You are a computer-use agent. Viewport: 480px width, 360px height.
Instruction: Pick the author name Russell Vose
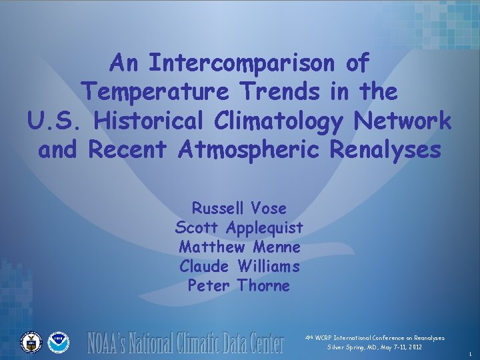pyautogui.click(x=239, y=208)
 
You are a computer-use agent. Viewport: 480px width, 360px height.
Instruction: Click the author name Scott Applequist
pyautogui.click(x=239, y=227)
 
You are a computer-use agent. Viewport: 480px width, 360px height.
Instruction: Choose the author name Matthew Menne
pyautogui.click(x=239, y=247)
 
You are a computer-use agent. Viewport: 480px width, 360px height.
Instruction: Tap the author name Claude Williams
pyautogui.click(x=239, y=267)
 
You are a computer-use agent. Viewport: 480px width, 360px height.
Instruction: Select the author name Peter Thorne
pyautogui.click(x=239, y=286)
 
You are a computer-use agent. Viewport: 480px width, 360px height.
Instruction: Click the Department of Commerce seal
pyautogui.click(x=31, y=342)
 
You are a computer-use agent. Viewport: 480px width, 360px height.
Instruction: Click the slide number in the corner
pyautogui.click(x=470, y=353)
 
